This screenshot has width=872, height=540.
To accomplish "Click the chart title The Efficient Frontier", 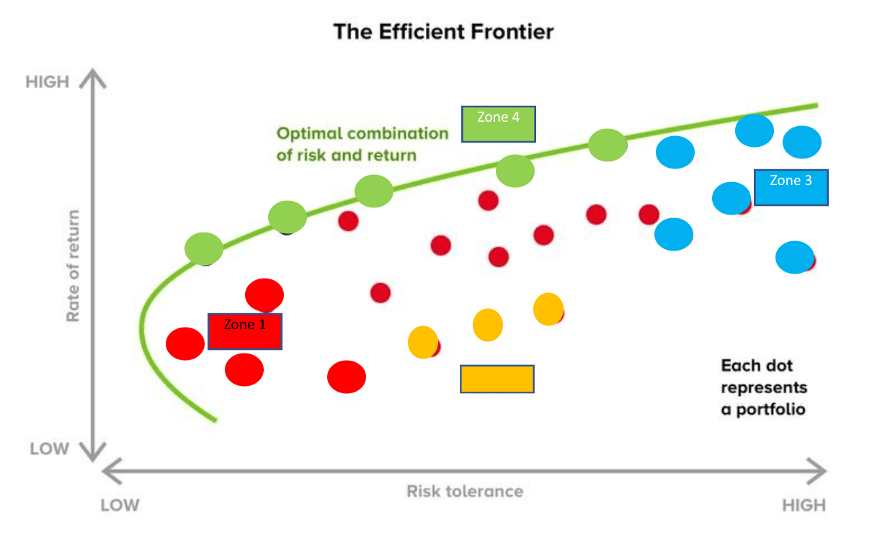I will tap(443, 32).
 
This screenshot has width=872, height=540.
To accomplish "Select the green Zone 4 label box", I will tap(499, 124).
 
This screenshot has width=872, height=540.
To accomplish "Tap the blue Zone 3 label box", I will tap(791, 187).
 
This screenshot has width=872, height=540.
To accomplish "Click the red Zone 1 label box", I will tap(244, 331).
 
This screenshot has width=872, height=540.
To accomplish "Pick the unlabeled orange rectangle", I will tap(497, 379).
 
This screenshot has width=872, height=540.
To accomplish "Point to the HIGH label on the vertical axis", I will tap(48, 82).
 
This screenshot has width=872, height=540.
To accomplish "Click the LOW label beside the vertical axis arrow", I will tap(49, 449).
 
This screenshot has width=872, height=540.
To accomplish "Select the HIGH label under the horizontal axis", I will tap(804, 505).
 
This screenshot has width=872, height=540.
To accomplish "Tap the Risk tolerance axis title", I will tap(465, 492).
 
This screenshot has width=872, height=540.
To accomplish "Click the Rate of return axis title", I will tap(74, 266).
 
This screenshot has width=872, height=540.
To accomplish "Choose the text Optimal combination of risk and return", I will tap(362, 144).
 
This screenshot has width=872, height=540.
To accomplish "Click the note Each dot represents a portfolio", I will tap(764, 387).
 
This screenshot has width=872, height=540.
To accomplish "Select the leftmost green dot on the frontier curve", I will tap(204, 248).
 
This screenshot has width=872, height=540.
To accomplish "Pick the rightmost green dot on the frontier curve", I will tap(608, 145).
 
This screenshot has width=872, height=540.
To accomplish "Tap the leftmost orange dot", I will tap(422, 342).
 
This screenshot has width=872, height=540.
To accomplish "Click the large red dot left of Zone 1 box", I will tap(185, 343).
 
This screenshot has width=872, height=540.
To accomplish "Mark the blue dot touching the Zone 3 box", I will tap(731, 198).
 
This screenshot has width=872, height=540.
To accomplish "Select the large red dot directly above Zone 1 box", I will tap(264, 294).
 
